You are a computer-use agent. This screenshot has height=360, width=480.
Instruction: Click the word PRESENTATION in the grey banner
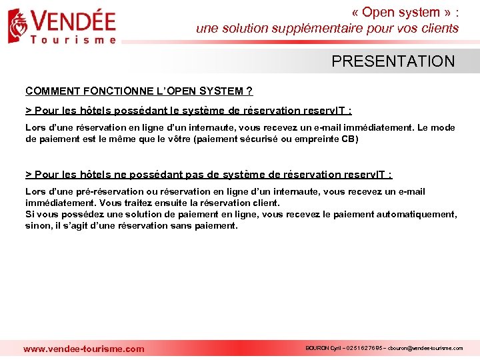[x=393, y=61]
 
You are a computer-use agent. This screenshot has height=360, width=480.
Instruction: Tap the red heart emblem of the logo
[x=18, y=25]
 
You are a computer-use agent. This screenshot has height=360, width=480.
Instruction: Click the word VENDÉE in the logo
[x=73, y=21]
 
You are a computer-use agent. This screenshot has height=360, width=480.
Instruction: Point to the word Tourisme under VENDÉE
[x=73, y=39]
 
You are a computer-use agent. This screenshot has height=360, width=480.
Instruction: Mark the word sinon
[x=37, y=225]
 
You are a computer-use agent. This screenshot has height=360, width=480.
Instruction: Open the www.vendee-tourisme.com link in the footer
[x=83, y=349]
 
